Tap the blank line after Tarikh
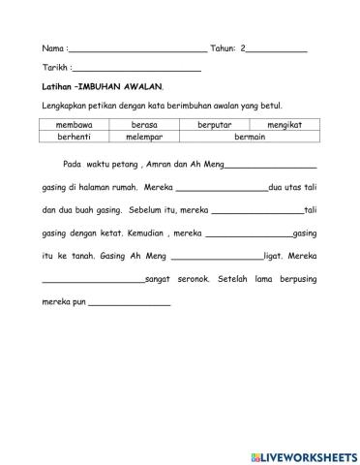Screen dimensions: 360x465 coord(137,71)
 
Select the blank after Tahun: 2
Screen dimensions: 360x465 coord(278,48)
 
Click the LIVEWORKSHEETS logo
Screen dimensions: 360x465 coord(303,454)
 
